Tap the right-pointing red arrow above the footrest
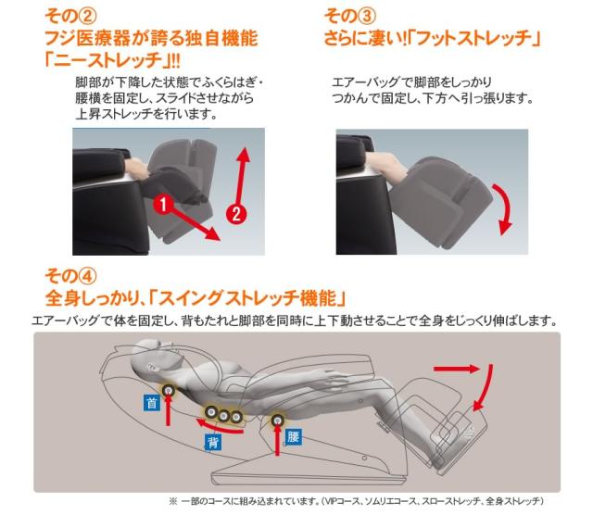[x=477, y=369]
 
